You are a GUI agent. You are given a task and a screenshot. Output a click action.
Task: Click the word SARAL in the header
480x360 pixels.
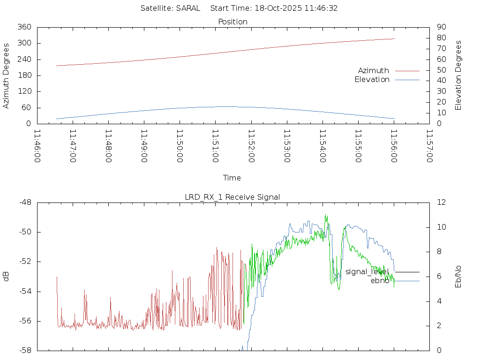click(x=188, y=8)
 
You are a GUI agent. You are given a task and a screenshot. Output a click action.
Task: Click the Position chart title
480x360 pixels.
click(x=232, y=22)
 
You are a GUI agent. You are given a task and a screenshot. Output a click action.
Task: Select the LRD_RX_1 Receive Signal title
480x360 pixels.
click(x=232, y=197)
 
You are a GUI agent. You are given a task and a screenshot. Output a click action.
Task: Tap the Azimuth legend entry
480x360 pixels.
click(x=374, y=70)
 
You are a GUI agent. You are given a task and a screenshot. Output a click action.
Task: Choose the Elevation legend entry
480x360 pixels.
click(x=372, y=80)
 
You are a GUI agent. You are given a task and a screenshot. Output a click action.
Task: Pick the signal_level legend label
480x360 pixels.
click(x=367, y=271)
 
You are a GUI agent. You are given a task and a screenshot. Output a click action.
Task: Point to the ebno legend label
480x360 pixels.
click(x=380, y=280)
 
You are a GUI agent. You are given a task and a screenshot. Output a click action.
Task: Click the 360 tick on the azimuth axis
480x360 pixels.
click(x=24, y=27)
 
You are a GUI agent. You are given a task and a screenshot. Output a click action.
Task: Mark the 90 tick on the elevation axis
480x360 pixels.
click(x=441, y=27)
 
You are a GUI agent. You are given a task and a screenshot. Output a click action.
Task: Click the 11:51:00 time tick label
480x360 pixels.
click(x=215, y=146)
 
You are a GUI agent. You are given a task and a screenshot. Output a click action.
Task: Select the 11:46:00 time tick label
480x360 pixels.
click(x=37, y=146)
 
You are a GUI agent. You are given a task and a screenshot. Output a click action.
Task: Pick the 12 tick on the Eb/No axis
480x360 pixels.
click(x=441, y=202)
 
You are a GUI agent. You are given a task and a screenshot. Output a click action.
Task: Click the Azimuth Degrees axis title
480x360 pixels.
click(x=6, y=75)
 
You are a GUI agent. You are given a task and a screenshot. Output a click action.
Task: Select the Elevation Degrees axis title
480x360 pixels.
click(x=458, y=75)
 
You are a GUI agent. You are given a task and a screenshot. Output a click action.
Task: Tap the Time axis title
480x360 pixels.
click(x=232, y=178)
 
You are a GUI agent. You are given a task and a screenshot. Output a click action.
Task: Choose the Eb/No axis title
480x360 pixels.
click(x=458, y=277)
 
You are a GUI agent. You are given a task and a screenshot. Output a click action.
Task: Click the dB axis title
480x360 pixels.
click(x=6, y=277)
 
